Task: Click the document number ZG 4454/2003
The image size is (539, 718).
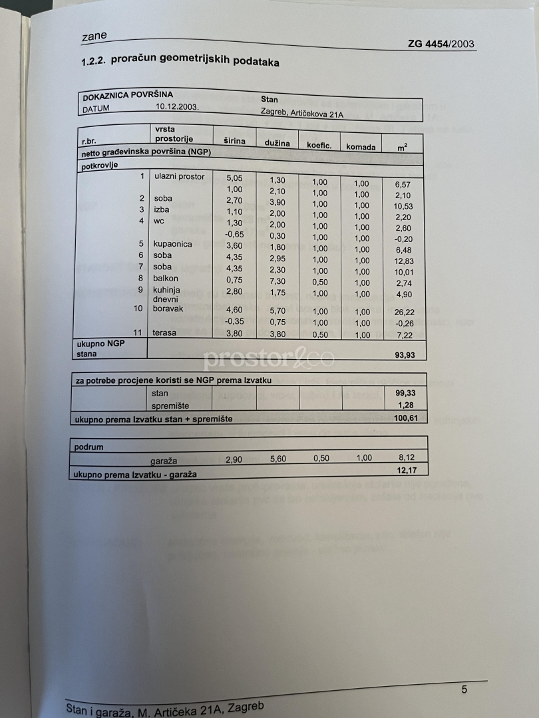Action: pyautogui.click(x=441, y=45)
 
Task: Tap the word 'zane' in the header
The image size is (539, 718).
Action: pyautogui.click(x=94, y=36)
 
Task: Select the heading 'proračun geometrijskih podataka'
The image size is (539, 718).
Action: pyautogui.click(x=195, y=62)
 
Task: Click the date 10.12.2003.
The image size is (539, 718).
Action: pyautogui.click(x=178, y=106)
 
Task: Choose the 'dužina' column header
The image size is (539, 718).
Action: pyautogui.click(x=277, y=143)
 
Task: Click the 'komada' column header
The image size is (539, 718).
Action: pyautogui.click(x=361, y=146)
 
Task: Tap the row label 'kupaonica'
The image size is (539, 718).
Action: pyautogui.click(x=172, y=244)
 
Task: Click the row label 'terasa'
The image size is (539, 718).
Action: pyautogui.click(x=165, y=333)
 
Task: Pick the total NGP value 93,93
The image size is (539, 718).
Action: pyautogui.click(x=405, y=355)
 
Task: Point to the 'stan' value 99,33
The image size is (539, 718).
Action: pyautogui.click(x=405, y=394)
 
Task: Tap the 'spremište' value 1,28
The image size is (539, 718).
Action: pyautogui.click(x=405, y=406)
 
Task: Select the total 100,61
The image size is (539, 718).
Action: pyautogui.click(x=403, y=418)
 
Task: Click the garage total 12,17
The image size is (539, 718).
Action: pyautogui.click(x=405, y=471)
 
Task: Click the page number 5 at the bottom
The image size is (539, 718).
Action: pyautogui.click(x=464, y=689)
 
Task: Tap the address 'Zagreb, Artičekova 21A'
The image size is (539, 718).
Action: pyautogui.click(x=302, y=112)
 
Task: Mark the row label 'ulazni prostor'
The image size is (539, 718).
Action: pyautogui.click(x=179, y=176)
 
